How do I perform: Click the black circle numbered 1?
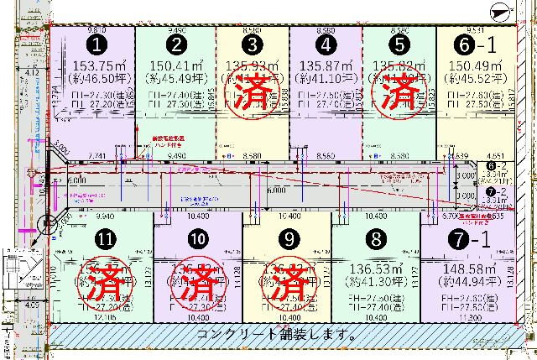pyautogui.click(x=99, y=44)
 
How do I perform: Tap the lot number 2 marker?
pyautogui.click(x=175, y=44)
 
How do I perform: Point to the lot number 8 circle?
pyautogui.click(x=374, y=239)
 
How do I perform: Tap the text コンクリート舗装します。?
pyautogui.click(x=276, y=334)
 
